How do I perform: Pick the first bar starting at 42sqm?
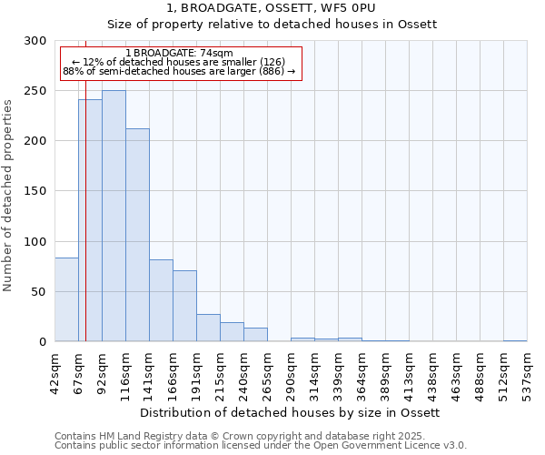66,299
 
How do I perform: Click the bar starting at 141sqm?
161,300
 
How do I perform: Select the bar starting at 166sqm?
184,306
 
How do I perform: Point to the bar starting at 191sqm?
208,328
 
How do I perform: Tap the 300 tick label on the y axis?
35,41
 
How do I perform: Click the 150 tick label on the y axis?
35,191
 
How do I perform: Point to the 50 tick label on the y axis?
38,292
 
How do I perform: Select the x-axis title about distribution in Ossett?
291,412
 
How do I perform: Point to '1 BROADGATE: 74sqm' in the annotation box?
179,53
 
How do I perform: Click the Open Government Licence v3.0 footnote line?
261,446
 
